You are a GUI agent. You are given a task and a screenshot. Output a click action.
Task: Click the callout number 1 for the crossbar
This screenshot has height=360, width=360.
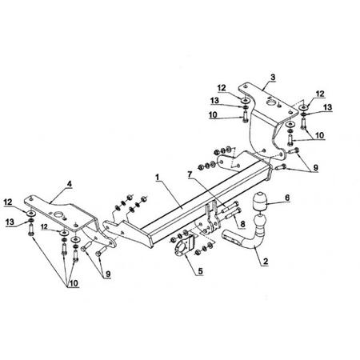pos(158,177)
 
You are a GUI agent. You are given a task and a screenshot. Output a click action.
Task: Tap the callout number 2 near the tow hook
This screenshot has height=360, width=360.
pos(266,262)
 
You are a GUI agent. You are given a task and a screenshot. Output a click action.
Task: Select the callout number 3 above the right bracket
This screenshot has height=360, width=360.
pos(273,78)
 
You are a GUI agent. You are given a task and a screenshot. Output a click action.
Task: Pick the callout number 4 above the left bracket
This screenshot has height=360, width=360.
pos(69,184)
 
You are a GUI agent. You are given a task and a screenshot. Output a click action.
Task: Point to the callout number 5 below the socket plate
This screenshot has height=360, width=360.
pos(200,271)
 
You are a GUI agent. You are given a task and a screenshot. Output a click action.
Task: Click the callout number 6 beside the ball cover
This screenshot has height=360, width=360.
pos(287,198)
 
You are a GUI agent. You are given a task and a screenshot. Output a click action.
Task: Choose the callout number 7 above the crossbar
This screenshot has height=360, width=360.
pos(190,174)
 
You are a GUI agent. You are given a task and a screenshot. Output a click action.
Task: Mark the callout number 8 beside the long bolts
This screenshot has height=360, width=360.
pos(242,224)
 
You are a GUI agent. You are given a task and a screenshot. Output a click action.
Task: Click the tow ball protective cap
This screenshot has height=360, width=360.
pos(258,202)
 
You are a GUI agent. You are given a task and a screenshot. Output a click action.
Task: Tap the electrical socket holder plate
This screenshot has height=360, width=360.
pos(184,245)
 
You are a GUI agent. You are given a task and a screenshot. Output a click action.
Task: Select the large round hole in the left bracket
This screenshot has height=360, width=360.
pos(58,214)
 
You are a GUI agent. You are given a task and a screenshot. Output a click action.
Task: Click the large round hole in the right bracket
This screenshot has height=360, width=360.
pos(271,103)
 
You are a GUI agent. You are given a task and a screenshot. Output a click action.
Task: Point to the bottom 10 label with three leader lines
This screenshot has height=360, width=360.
pos(73,283)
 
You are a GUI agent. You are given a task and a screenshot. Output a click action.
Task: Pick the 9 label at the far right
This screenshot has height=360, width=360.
pos(315,168)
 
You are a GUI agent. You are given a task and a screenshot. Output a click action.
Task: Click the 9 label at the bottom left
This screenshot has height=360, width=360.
pos(108,274)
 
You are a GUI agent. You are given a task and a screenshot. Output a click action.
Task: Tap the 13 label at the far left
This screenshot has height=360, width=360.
pos(10,222)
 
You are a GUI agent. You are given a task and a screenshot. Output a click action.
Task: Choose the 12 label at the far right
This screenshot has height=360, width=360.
pos(320,94)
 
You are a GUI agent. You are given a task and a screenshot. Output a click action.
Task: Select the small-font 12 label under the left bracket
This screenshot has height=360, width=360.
pos(44,226)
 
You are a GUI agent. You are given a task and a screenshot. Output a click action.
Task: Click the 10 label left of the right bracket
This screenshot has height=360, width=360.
pos(213,115)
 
